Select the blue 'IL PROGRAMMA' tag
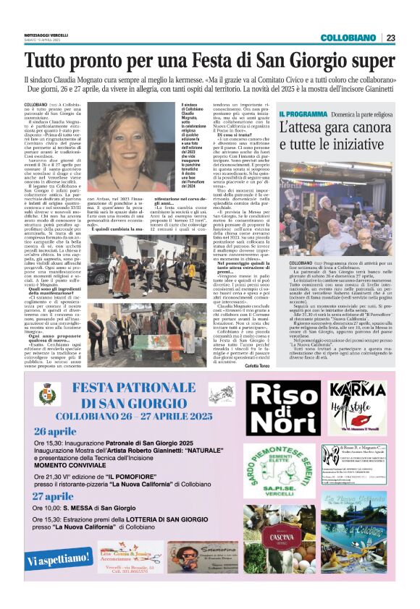(x=303, y=114)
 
